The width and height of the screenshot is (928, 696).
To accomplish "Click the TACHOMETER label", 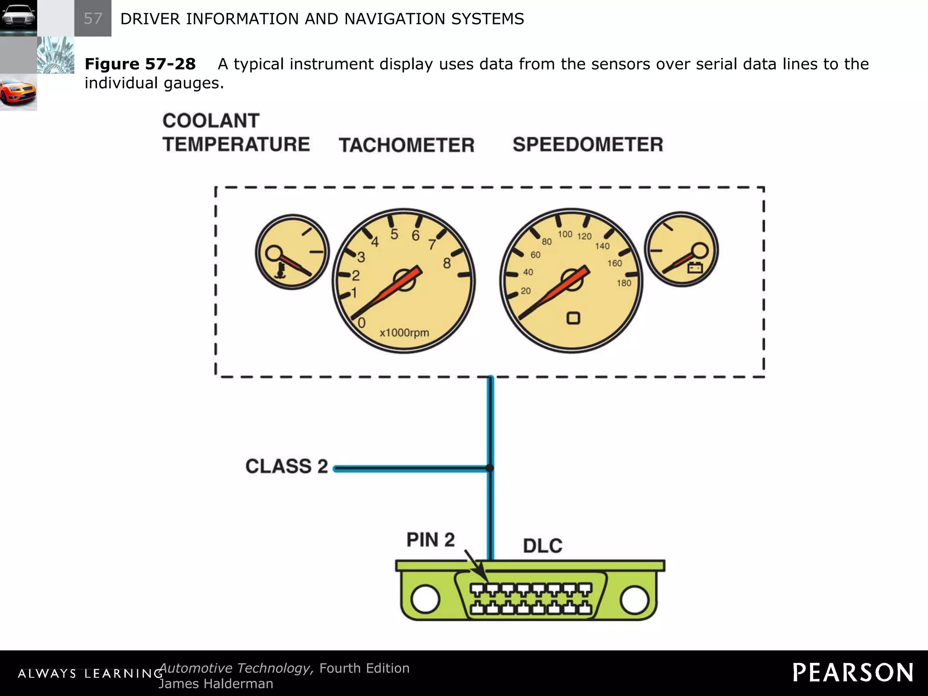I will tap(406, 145).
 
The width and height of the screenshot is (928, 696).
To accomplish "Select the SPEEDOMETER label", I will tap(588, 145).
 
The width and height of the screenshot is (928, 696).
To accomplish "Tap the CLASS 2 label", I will tap(286, 466).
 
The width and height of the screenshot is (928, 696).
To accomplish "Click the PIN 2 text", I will tap(430, 540).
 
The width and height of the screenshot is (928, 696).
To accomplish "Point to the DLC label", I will tap(542, 546).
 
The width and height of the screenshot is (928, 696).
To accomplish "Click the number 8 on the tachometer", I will tap(447, 263).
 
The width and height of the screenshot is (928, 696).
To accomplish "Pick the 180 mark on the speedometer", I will tap(623, 283).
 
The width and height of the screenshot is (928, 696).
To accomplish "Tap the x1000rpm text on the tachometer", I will tap(404, 333).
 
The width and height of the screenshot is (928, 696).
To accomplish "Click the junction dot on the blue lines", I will tap(489, 468).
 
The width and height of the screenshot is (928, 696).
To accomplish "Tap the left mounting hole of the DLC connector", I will tap(425, 599).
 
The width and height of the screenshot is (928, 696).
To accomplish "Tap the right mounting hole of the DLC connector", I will tap(634, 599).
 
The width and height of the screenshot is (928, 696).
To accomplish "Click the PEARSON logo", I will tap(853, 672).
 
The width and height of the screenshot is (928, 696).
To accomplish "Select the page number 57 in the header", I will tap(93, 19).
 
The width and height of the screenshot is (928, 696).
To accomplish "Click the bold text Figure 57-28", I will tap(140, 64).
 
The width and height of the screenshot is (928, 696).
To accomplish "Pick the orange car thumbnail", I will tap(18, 92).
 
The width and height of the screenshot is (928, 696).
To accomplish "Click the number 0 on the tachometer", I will tap(362, 323).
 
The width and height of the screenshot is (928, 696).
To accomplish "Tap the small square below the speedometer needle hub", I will tap(573, 318).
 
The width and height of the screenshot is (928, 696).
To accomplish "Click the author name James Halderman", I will tap(216, 684).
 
